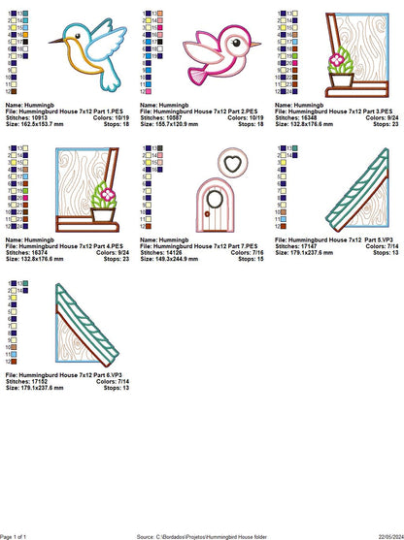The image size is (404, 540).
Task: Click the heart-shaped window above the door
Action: (226, 166)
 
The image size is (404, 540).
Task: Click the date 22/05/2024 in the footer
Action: (382, 534)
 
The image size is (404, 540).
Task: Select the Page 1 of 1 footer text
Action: (20, 534)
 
